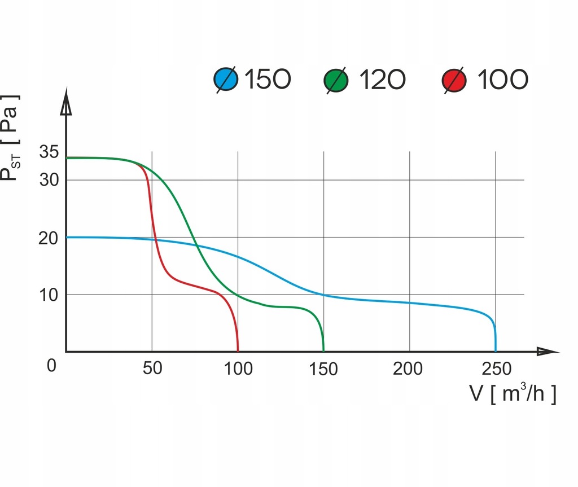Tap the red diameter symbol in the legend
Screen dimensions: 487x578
455,80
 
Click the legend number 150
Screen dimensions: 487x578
268,80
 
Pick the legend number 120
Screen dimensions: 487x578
382,80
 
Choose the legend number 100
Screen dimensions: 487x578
503,80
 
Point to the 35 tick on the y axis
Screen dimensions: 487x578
49,152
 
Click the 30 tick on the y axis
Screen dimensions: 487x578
49,181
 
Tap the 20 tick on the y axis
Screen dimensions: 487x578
49,238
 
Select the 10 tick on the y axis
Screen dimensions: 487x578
49,295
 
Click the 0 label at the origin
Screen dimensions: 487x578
51,366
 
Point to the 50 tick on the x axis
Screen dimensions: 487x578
152,370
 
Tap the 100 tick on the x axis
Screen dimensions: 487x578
238,370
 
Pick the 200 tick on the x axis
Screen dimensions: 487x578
408,370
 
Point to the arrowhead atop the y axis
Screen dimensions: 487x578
67,104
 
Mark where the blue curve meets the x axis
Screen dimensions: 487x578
496,351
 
